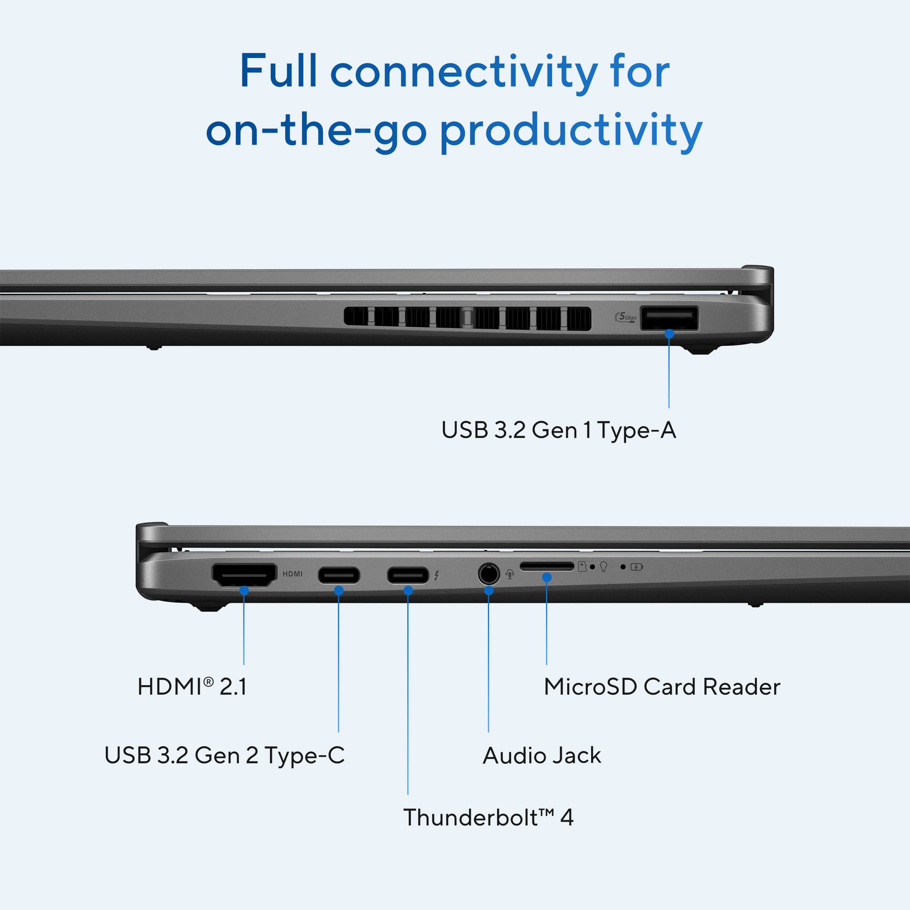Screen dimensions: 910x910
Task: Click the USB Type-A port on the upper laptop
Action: [x=669, y=319]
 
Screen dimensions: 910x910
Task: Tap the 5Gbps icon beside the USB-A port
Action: [x=625, y=317]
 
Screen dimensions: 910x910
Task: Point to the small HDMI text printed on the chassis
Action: [x=293, y=574]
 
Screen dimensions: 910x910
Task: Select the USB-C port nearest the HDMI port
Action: [x=339, y=575]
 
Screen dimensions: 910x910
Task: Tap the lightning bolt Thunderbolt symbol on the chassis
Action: [x=437, y=575]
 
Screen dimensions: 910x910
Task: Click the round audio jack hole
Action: [x=488, y=574]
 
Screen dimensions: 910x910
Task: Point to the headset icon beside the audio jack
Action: [x=510, y=574]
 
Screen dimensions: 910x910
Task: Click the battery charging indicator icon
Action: [x=636, y=567]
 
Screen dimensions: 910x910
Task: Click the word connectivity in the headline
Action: [x=464, y=72]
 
